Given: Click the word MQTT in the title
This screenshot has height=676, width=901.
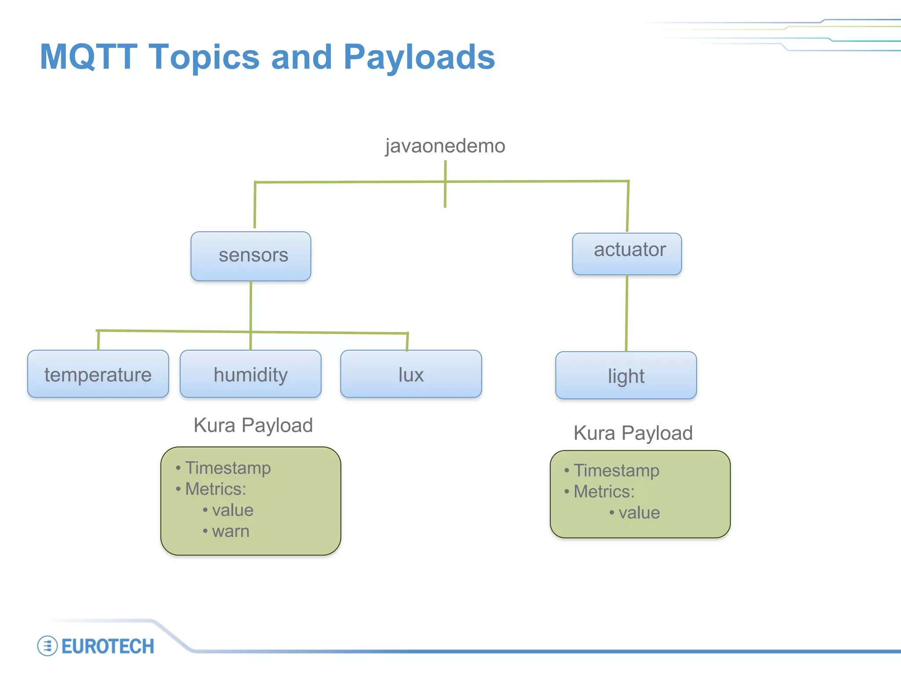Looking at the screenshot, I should [x=88, y=57].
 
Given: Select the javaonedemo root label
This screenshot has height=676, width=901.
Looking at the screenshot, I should [x=445, y=146].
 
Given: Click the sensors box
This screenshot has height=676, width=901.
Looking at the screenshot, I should [x=251, y=256].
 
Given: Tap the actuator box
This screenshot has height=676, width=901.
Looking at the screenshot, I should [x=627, y=253].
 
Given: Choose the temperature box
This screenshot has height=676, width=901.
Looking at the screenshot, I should [x=98, y=374].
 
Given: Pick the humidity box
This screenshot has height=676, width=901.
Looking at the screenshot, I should [x=251, y=374].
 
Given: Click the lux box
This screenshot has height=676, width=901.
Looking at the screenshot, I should [x=411, y=374].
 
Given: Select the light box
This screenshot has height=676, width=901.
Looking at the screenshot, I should [x=626, y=375].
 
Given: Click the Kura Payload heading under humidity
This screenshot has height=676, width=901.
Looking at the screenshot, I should [x=253, y=425].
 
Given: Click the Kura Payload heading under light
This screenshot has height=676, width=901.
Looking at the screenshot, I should [x=633, y=433].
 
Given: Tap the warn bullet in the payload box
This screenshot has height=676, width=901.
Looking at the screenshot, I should [x=230, y=531].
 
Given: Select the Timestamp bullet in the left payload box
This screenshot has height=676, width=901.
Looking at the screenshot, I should [x=227, y=468].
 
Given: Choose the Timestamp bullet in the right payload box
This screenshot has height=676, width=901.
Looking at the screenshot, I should [x=616, y=470].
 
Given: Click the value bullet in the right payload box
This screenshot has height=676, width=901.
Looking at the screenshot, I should [x=639, y=513].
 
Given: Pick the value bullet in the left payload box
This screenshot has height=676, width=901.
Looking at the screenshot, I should [x=232, y=510].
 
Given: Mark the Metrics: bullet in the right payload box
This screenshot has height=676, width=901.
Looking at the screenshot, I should [x=604, y=492].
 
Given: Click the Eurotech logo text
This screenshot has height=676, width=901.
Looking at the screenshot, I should [x=108, y=647].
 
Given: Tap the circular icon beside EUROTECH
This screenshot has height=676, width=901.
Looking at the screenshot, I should [x=48, y=646].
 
